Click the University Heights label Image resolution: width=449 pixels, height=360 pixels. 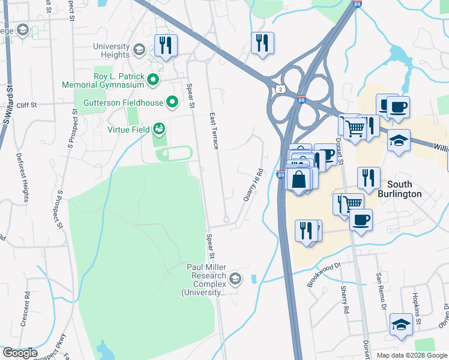pyautogui.click(x=112, y=50)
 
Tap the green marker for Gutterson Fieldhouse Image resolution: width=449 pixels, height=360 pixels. pyautogui.click(x=172, y=103)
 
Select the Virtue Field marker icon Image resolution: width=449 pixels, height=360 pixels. pyautogui.click(x=159, y=128)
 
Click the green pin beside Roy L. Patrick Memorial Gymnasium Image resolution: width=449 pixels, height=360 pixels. pyautogui.click(x=153, y=79)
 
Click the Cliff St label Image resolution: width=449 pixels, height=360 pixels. pyautogui.click(x=27, y=105)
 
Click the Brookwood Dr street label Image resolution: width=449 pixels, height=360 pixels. pyautogui.click(x=324, y=274)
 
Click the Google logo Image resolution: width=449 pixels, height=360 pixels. pyautogui.click(x=20, y=353)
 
